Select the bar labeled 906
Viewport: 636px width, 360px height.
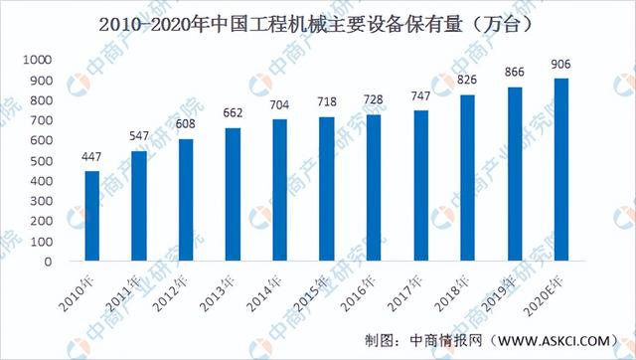562,170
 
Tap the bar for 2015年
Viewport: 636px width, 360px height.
327,190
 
